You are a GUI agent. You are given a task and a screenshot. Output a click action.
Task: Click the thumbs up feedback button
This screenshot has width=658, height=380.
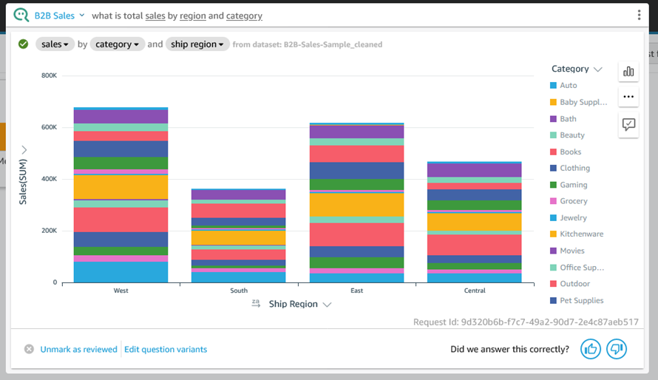pos(590,349)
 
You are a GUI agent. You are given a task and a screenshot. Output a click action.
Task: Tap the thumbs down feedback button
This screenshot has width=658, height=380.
pos(616,349)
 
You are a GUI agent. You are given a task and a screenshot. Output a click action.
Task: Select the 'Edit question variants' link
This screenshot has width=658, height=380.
pos(166,350)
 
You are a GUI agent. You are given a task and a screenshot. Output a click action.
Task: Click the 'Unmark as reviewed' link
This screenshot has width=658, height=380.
pos(78,350)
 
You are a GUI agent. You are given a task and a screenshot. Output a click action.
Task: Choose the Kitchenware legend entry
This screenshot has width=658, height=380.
pos(581,234)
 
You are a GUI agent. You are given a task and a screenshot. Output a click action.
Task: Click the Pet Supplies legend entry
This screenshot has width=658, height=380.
pos(581,301)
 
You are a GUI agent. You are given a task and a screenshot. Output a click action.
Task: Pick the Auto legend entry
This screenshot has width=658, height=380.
pos(568,86)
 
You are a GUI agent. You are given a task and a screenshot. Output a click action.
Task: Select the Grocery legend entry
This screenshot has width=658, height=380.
pos(573,201)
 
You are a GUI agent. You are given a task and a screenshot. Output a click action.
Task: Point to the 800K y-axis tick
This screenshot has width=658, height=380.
pos(49,75)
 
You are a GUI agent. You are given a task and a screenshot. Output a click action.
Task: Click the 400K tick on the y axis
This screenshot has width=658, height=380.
pos(49,179)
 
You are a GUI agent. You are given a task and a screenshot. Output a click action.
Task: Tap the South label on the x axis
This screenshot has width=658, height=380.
pos(239,291)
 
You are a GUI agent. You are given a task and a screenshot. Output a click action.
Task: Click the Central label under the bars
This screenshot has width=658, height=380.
pos(475,291)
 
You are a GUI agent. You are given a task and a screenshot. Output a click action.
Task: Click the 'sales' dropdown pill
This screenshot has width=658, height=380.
pos(55,44)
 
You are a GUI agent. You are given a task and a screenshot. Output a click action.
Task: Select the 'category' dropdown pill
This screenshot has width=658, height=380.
pos(117,44)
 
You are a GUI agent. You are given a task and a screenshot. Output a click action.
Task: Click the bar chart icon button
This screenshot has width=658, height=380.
pos(628,72)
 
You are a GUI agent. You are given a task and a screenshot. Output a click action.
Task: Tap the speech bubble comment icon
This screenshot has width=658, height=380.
pos(628,124)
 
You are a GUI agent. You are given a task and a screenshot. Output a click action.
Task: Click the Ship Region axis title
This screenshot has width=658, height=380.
pos(293,304)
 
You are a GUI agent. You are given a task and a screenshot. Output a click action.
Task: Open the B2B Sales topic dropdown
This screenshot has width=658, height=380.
pos(59,16)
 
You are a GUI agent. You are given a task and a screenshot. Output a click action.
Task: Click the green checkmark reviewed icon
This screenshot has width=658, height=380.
pos(24,44)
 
